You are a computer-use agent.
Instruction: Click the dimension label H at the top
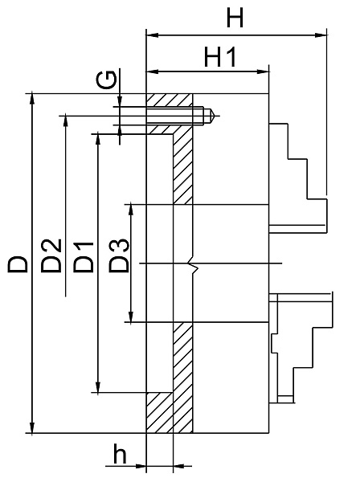(x=235, y=18)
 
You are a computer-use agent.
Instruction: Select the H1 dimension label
(x=220, y=57)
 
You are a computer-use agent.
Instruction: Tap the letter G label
(x=106, y=80)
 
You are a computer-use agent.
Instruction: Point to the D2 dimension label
(x=51, y=255)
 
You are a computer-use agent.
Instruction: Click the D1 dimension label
(x=84, y=257)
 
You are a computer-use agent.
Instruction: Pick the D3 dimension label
(x=119, y=255)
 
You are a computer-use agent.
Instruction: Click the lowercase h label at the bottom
(x=120, y=453)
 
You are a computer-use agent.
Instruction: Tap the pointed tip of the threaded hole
(x=215, y=116)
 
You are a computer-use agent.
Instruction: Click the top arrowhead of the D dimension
(x=32, y=100)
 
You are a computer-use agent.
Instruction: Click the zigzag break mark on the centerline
(x=193, y=263)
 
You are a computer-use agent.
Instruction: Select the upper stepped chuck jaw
(x=297, y=178)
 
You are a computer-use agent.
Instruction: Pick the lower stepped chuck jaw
(x=301, y=348)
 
